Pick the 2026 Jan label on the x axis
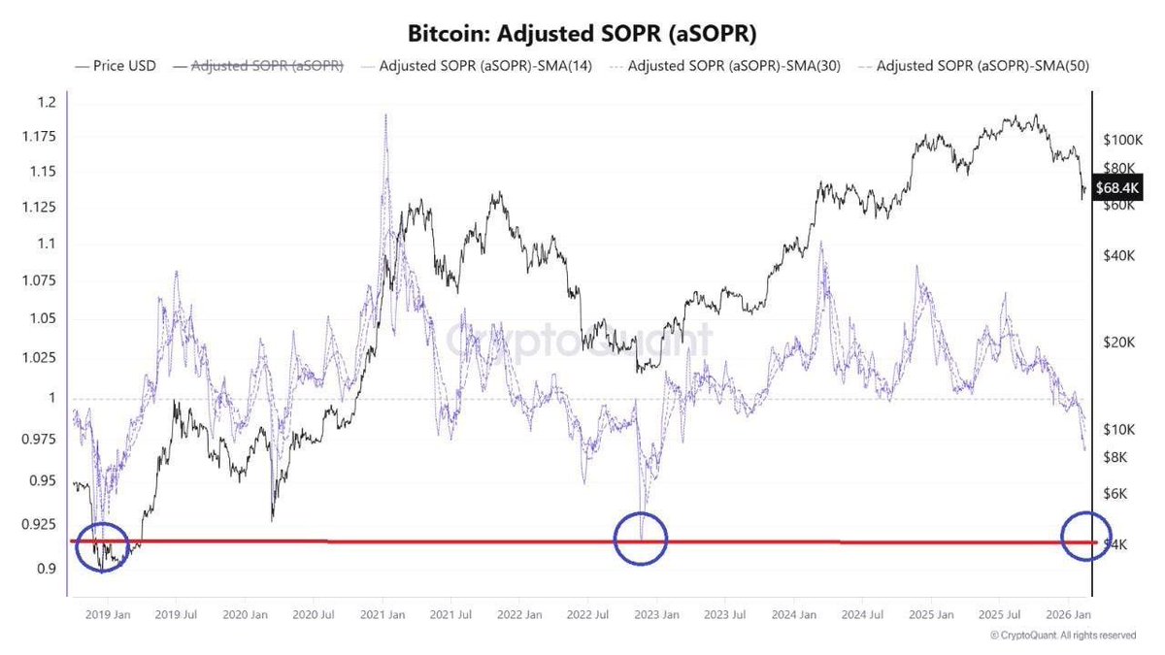pyautogui.click(x=1065, y=614)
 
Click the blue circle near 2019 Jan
pyautogui.click(x=101, y=546)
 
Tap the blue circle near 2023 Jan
pyautogui.click(x=641, y=539)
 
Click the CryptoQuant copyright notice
pyautogui.click(x=1062, y=636)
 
